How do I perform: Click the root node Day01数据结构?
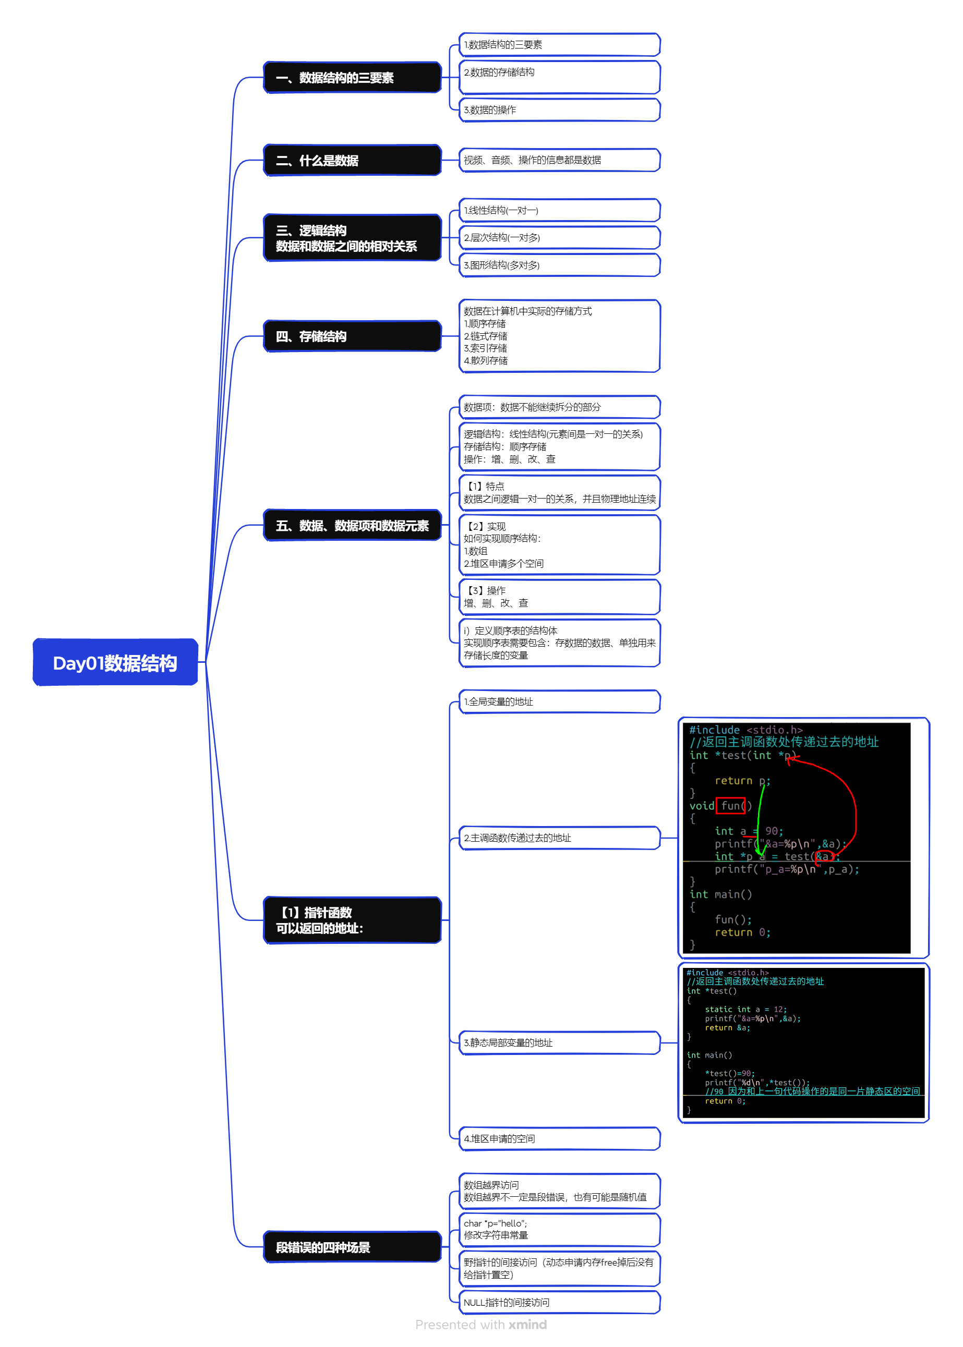[115, 662]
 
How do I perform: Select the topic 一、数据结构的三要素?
[352, 78]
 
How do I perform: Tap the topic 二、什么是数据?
[352, 161]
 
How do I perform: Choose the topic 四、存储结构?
[352, 336]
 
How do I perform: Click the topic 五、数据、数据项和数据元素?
[352, 526]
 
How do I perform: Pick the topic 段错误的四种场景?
[352, 1247]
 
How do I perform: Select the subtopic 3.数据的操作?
[559, 110]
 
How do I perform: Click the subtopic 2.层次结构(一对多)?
[559, 238]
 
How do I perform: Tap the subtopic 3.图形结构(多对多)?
[559, 265]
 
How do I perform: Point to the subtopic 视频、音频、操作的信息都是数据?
[559, 160]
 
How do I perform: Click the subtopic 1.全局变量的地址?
[559, 701]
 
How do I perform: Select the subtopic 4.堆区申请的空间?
[559, 1139]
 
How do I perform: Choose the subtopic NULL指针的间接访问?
[559, 1303]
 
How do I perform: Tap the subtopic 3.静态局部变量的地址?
[559, 1043]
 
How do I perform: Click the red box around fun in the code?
[730, 806]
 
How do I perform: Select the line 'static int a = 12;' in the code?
[745, 1009]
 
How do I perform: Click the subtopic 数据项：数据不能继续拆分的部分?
[559, 407]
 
